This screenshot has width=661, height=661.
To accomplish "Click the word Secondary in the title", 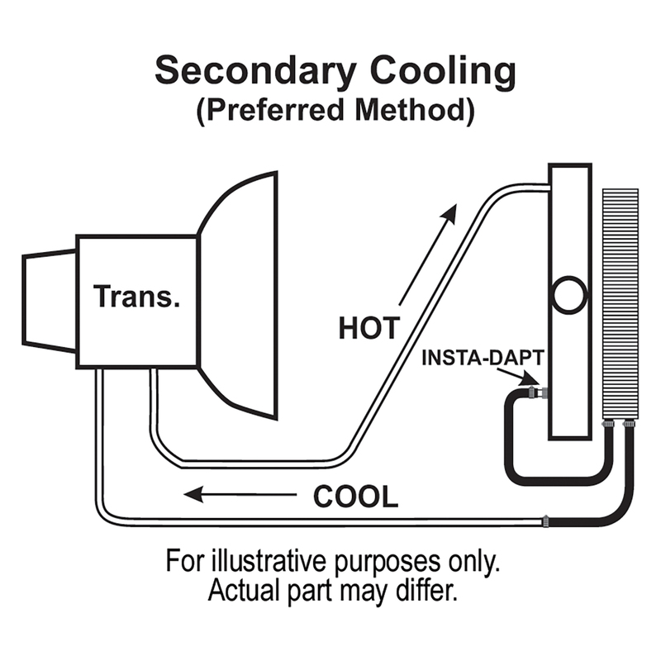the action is coord(256,72).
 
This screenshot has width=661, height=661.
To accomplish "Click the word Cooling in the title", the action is coord(443,72).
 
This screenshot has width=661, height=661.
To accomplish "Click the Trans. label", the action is coord(136,297).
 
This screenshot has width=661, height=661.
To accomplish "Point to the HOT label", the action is coord(369,328).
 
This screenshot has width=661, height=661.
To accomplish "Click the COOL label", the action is coord(356,497).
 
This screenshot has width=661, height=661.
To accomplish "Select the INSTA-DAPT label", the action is coord(483,358).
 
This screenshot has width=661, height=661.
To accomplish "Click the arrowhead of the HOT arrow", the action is coord(449,213).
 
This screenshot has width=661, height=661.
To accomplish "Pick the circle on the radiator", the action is coord(568,296).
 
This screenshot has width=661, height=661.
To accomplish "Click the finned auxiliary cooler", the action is coord(621,304).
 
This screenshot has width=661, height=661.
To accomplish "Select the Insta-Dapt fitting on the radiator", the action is coord(537,393).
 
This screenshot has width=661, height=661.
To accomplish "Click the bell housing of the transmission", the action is coord(238,296).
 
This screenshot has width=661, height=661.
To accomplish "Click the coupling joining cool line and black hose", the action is coord(546,521).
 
